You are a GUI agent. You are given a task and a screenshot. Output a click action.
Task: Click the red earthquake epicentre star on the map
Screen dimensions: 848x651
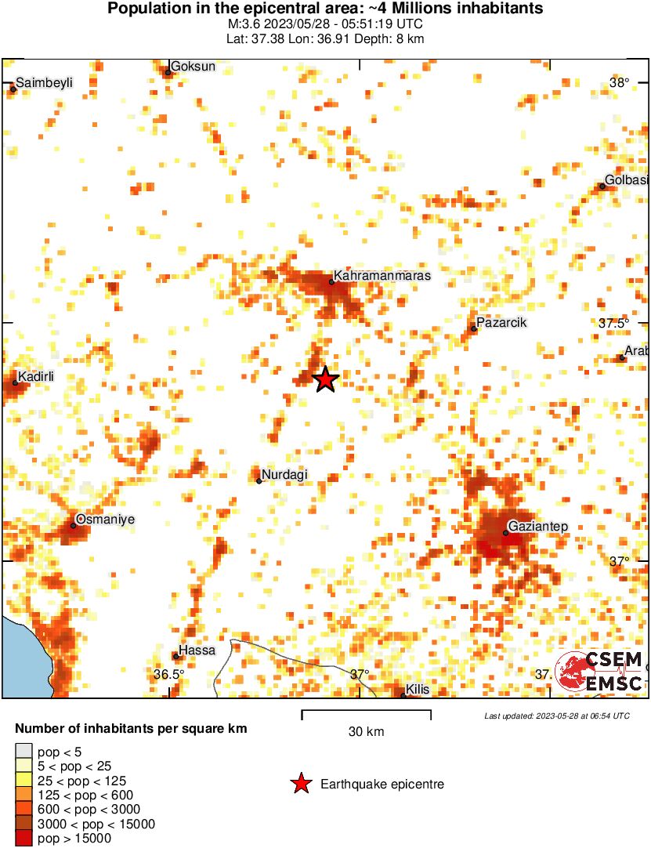pyautogui.click(x=326, y=379)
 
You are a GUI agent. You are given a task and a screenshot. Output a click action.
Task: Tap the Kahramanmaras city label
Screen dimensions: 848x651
pyautogui.click(x=382, y=276)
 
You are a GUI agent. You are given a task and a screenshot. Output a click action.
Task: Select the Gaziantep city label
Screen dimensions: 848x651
pyautogui.click(x=538, y=526)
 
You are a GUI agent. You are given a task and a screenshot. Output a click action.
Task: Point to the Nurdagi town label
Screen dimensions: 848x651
pyautogui.click(x=284, y=474)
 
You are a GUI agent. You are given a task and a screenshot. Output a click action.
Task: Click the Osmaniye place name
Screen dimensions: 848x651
pyautogui.click(x=105, y=519)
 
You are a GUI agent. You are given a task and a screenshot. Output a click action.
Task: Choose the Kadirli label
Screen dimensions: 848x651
pyautogui.click(x=36, y=377)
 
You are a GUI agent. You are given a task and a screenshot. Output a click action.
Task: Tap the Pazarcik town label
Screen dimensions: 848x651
pyautogui.click(x=501, y=323)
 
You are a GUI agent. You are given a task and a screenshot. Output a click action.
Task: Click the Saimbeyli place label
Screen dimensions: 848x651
pyautogui.click(x=44, y=82)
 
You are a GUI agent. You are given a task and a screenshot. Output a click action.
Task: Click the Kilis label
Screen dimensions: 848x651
pyautogui.click(x=418, y=690)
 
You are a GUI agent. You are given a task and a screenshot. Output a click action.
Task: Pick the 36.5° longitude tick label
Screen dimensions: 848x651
pyautogui.click(x=168, y=674)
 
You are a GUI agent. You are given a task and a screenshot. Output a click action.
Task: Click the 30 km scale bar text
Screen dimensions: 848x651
pyautogui.click(x=366, y=732)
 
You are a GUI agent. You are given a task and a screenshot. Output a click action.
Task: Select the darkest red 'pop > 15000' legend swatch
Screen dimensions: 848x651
pyautogui.click(x=24, y=839)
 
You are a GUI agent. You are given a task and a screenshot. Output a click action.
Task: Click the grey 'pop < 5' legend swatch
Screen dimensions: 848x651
pyautogui.click(x=24, y=752)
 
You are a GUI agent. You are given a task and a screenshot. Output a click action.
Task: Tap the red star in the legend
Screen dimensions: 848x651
pyautogui.click(x=300, y=784)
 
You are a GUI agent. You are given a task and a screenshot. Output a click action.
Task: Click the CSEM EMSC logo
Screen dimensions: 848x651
pyautogui.click(x=599, y=672)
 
